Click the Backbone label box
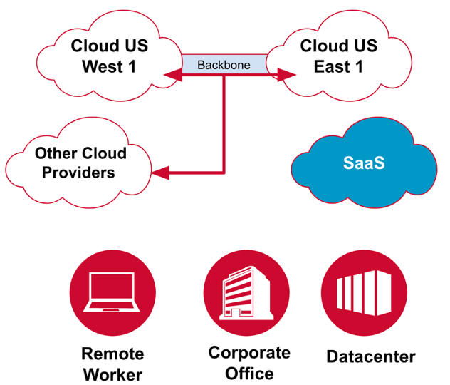tap(224, 64)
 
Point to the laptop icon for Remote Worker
tap(112, 292)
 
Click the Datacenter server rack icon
tap(365, 292)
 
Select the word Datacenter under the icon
tap(370, 356)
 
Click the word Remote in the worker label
tap(112, 354)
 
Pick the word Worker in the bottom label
tap(112, 374)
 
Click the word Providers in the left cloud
tap(78, 172)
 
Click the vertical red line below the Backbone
tap(224, 121)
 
